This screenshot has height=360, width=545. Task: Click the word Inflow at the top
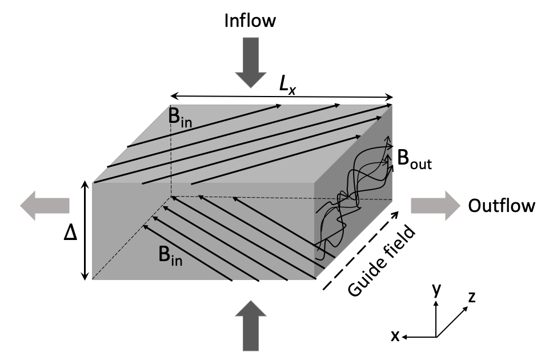tap(250, 21)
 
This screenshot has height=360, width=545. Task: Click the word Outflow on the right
tap(502, 205)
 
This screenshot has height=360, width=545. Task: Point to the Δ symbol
tap(69, 233)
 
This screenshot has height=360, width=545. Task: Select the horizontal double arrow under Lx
tap(281, 95)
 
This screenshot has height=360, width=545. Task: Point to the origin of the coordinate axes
tap(436, 337)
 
